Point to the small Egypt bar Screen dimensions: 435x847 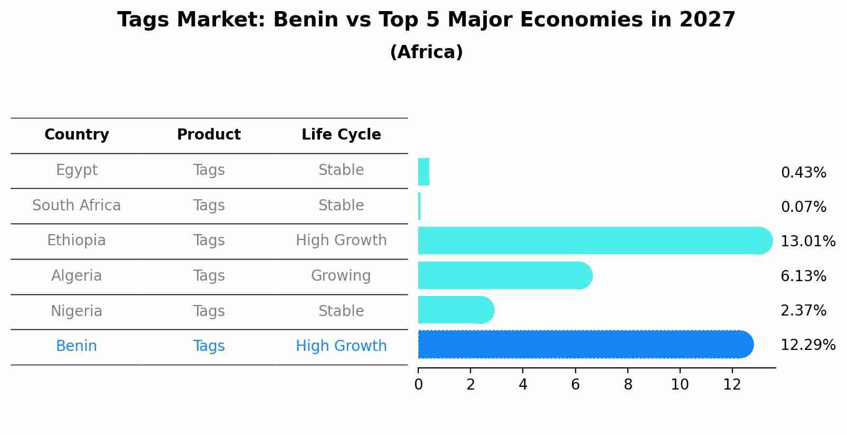(x=423, y=172)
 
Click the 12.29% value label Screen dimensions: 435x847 (x=807, y=345)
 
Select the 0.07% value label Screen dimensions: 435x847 (x=803, y=207)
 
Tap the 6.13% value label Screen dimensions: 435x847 (x=803, y=276)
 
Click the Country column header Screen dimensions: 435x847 (x=77, y=135)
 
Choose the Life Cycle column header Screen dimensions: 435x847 (x=341, y=135)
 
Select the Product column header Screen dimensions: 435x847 (x=209, y=135)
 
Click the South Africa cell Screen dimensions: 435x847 (x=77, y=206)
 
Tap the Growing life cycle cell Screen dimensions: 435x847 (x=341, y=276)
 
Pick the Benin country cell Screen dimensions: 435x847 (x=77, y=346)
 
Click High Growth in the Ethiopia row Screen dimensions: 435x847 (x=341, y=240)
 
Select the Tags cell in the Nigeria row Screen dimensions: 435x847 (x=209, y=311)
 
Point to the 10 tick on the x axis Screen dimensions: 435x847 (x=680, y=385)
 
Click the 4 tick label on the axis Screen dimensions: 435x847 (x=523, y=385)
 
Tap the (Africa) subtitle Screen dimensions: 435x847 (x=426, y=52)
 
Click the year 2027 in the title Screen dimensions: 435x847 (x=707, y=20)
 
